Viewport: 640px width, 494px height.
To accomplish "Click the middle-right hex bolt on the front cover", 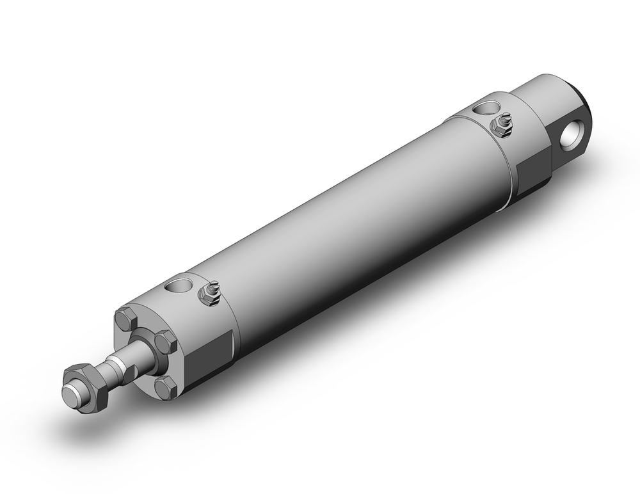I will [166, 342].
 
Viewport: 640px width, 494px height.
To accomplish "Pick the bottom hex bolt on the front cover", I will [166, 386].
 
